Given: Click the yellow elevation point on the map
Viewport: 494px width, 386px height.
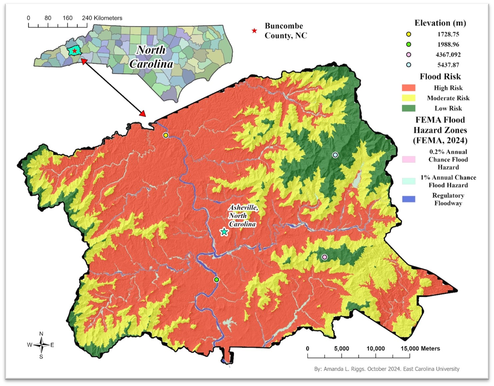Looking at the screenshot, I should pos(166,135).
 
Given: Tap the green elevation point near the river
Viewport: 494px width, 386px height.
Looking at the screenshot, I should pos(216,280).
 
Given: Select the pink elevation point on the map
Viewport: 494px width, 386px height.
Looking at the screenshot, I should pos(324,257).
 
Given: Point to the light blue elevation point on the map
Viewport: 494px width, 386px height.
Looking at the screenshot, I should pos(335,155).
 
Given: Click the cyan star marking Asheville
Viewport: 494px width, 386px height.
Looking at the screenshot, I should pos(224,232).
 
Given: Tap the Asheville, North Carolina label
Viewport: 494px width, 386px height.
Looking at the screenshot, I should pos(243,216).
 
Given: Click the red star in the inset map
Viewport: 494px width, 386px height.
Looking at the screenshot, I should pos(75,51).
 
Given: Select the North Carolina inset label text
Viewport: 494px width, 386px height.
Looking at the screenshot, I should pos(151,57).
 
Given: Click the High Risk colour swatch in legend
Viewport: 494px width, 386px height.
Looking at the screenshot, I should pos(408,88).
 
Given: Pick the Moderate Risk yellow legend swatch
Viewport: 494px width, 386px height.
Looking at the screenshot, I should pos(408,98).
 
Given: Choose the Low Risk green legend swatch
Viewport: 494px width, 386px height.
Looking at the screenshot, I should pos(408,108).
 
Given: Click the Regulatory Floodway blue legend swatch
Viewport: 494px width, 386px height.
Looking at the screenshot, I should pos(408,199).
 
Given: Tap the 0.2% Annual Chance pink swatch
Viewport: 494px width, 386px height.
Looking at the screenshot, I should pos(408,159).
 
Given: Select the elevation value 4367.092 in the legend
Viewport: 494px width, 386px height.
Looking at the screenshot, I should pos(448,55).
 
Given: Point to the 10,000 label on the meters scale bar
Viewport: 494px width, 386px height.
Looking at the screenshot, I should pos(375,349).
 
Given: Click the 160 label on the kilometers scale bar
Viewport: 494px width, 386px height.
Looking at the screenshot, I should pos(67,18).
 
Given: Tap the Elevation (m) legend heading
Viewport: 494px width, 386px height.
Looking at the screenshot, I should pos(440,23).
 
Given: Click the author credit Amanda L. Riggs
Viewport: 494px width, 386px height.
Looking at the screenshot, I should pos(387,369).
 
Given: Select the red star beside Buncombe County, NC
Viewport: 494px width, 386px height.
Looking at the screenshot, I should pos(254,31).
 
